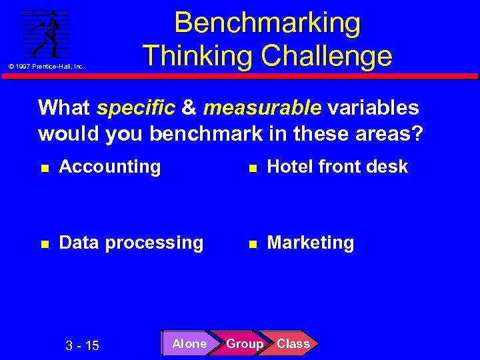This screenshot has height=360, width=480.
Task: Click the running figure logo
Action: click(x=46, y=34)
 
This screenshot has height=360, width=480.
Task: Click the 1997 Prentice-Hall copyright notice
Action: click(x=46, y=67)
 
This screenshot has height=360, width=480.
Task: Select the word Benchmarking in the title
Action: click(x=267, y=23)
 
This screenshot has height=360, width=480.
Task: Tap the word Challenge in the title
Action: click(x=327, y=55)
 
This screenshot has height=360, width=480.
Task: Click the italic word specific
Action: click(x=136, y=107)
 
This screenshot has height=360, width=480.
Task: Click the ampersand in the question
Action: click(x=189, y=107)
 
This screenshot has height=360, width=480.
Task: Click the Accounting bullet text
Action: click(x=110, y=167)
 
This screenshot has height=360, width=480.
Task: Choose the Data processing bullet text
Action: click(x=131, y=243)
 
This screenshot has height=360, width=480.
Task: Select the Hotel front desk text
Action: click(x=337, y=167)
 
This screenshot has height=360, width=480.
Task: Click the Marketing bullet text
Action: click(x=311, y=243)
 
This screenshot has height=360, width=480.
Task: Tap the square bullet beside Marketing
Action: click(x=252, y=244)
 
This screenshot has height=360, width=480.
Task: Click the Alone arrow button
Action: click(x=189, y=344)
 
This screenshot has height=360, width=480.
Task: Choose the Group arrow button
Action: click(x=244, y=344)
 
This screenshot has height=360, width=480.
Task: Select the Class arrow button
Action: click(x=293, y=344)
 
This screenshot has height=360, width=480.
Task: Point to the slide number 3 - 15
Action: click(x=83, y=345)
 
